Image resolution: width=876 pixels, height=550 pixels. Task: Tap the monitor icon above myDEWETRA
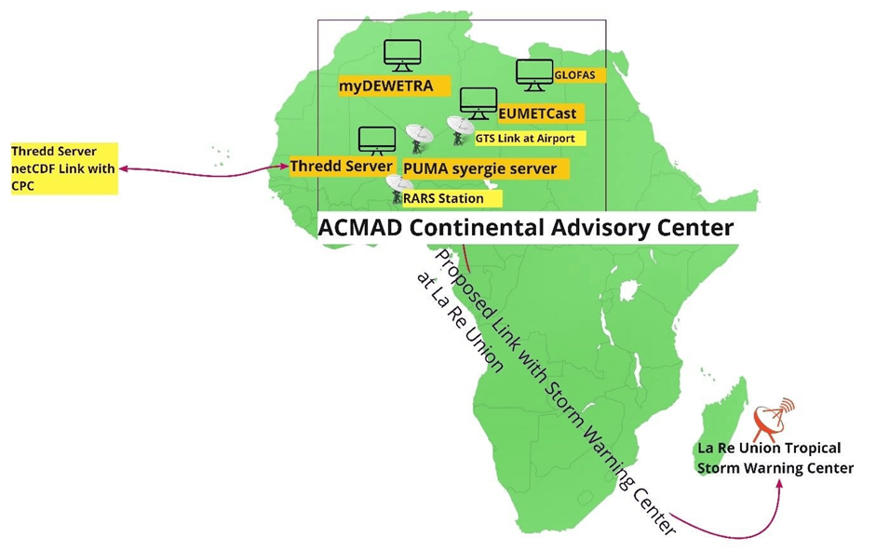tap(402, 55)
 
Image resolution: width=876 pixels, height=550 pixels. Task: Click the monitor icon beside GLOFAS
tap(534, 74)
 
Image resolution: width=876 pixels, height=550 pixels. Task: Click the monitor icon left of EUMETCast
tap(478, 103)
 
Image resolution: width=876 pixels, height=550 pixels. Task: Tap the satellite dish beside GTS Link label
tap(461, 130)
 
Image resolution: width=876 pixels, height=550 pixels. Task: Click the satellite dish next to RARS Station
tap(398, 189)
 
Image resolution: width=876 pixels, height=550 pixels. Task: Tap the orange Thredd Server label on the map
tap(343, 167)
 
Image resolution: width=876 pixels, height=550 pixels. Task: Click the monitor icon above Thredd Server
tap(377, 141)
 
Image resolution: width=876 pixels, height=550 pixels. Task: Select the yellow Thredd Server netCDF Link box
tap(64, 168)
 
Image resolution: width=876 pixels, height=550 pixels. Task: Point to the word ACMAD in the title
tap(360, 228)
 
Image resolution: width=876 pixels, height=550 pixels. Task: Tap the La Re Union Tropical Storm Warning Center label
tap(775, 458)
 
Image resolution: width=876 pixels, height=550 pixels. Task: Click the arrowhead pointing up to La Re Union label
tap(779, 482)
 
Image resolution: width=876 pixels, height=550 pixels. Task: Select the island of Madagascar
tap(723, 427)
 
